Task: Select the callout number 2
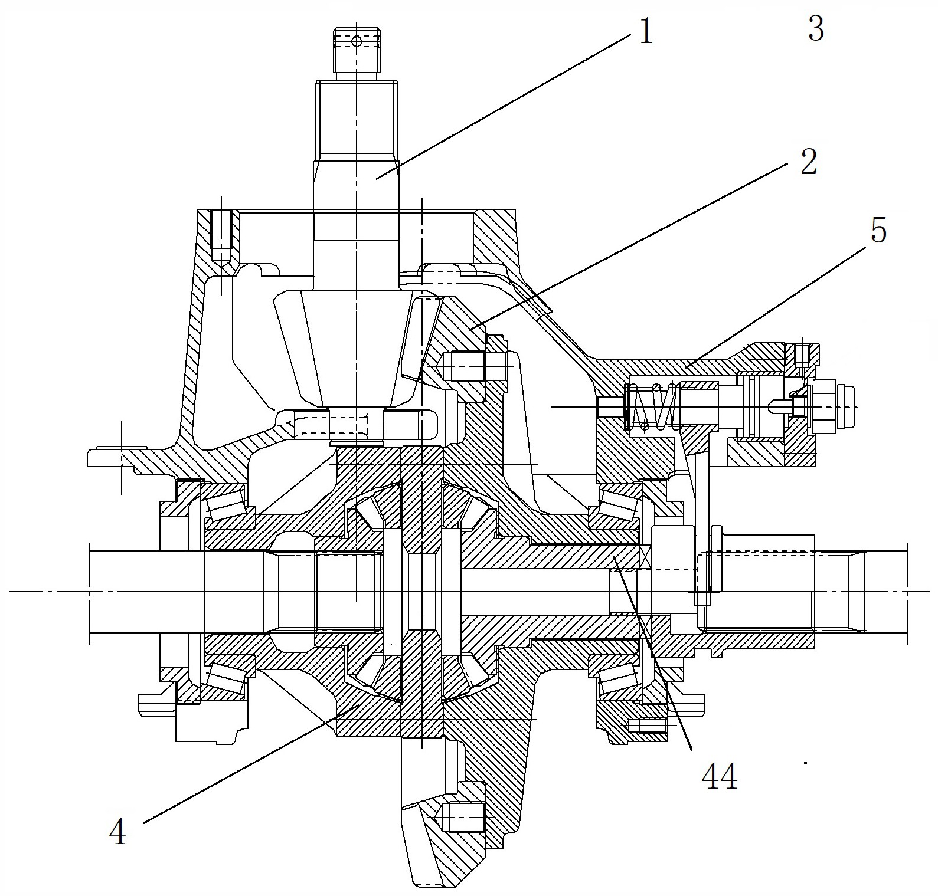coord(808,162)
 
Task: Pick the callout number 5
coord(878,231)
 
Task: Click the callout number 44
coord(719,777)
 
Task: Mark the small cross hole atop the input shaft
coord(356,41)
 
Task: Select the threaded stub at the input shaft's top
coord(356,53)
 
